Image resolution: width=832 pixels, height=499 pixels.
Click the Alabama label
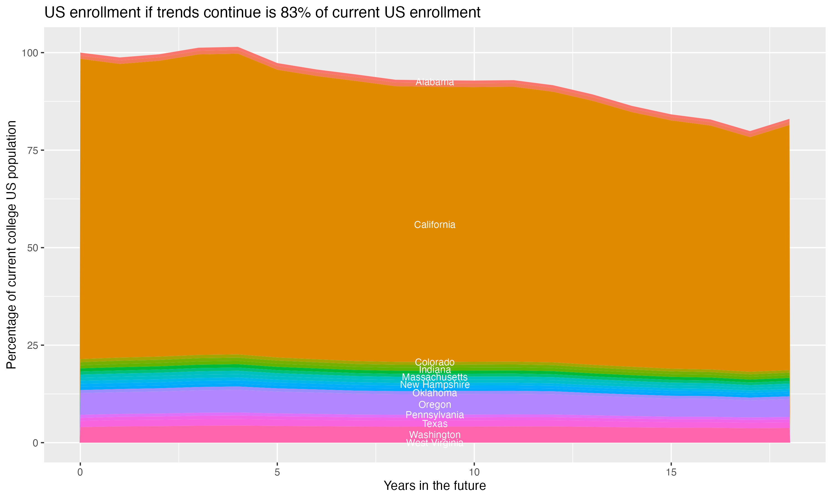click(435, 82)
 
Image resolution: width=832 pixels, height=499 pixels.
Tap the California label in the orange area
click(435, 225)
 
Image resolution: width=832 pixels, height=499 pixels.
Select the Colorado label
click(435, 362)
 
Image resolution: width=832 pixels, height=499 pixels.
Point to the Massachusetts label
click(435, 377)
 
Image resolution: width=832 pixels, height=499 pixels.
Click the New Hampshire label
click(435, 385)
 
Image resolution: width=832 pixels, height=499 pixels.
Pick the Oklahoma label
click(435, 393)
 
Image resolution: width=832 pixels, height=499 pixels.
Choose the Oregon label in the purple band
click(435, 404)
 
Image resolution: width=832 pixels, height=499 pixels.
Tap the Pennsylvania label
click(435, 415)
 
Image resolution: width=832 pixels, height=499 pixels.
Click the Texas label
click(435, 424)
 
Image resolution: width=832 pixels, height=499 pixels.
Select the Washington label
click(435, 434)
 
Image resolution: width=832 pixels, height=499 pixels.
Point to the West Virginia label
click(435, 443)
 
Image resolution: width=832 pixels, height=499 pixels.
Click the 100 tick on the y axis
click(29, 53)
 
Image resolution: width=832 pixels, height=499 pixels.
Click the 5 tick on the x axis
click(277, 472)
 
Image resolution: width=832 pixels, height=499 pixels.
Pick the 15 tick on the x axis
click(671, 472)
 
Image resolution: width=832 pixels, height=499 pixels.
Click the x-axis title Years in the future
click(435, 486)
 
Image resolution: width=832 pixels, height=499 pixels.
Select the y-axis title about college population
click(11, 245)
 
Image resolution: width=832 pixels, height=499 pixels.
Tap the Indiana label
click(435, 370)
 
